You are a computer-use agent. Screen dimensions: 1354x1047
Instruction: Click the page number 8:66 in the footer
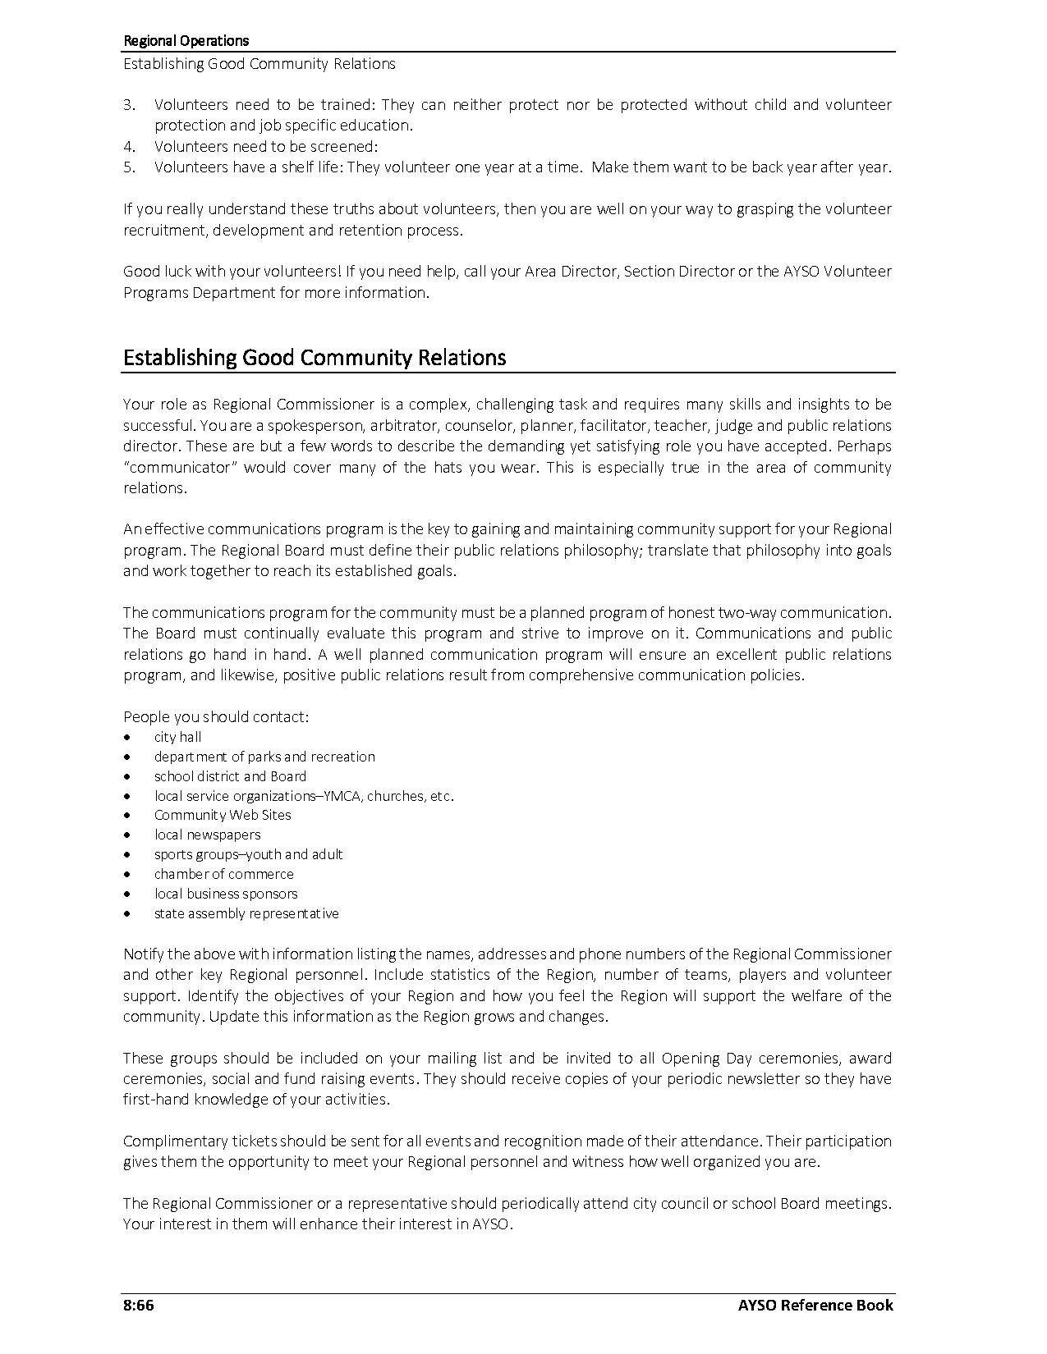pyautogui.click(x=138, y=1305)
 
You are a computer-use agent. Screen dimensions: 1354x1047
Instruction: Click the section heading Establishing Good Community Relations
pyautogui.click(x=315, y=358)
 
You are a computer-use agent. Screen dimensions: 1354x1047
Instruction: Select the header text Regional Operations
pyautogui.click(x=186, y=40)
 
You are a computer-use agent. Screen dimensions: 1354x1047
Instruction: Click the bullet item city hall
pyautogui.click(x=177, y=737)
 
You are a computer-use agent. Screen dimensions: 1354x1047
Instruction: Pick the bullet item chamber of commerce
pyautogui.click(x=223, y=874)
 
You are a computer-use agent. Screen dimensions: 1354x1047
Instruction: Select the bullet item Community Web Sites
pyautogui.click(x=223, y=815)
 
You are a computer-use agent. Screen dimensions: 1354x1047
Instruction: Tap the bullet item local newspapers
pyautogui.click(x=207, y=835)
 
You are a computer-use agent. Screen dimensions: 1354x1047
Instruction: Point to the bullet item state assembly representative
pyautogui.click(x=246, y=913)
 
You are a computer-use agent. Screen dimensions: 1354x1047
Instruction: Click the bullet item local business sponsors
pyautogui.click(x=226, y=894)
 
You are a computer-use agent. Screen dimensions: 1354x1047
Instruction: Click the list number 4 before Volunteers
pyautogui.click(x=129, y=147)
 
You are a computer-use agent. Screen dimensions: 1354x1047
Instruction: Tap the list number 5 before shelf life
pyautogui.click(x=129, y=167)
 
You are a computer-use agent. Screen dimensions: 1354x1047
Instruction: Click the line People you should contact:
pyautogui.click(x=216, y=716)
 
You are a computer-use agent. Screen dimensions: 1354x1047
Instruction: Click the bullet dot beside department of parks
pyautogui.click(x=127, y=757)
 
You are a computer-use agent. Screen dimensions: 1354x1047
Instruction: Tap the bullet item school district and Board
pyautogui.click(x=230, y=776)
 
